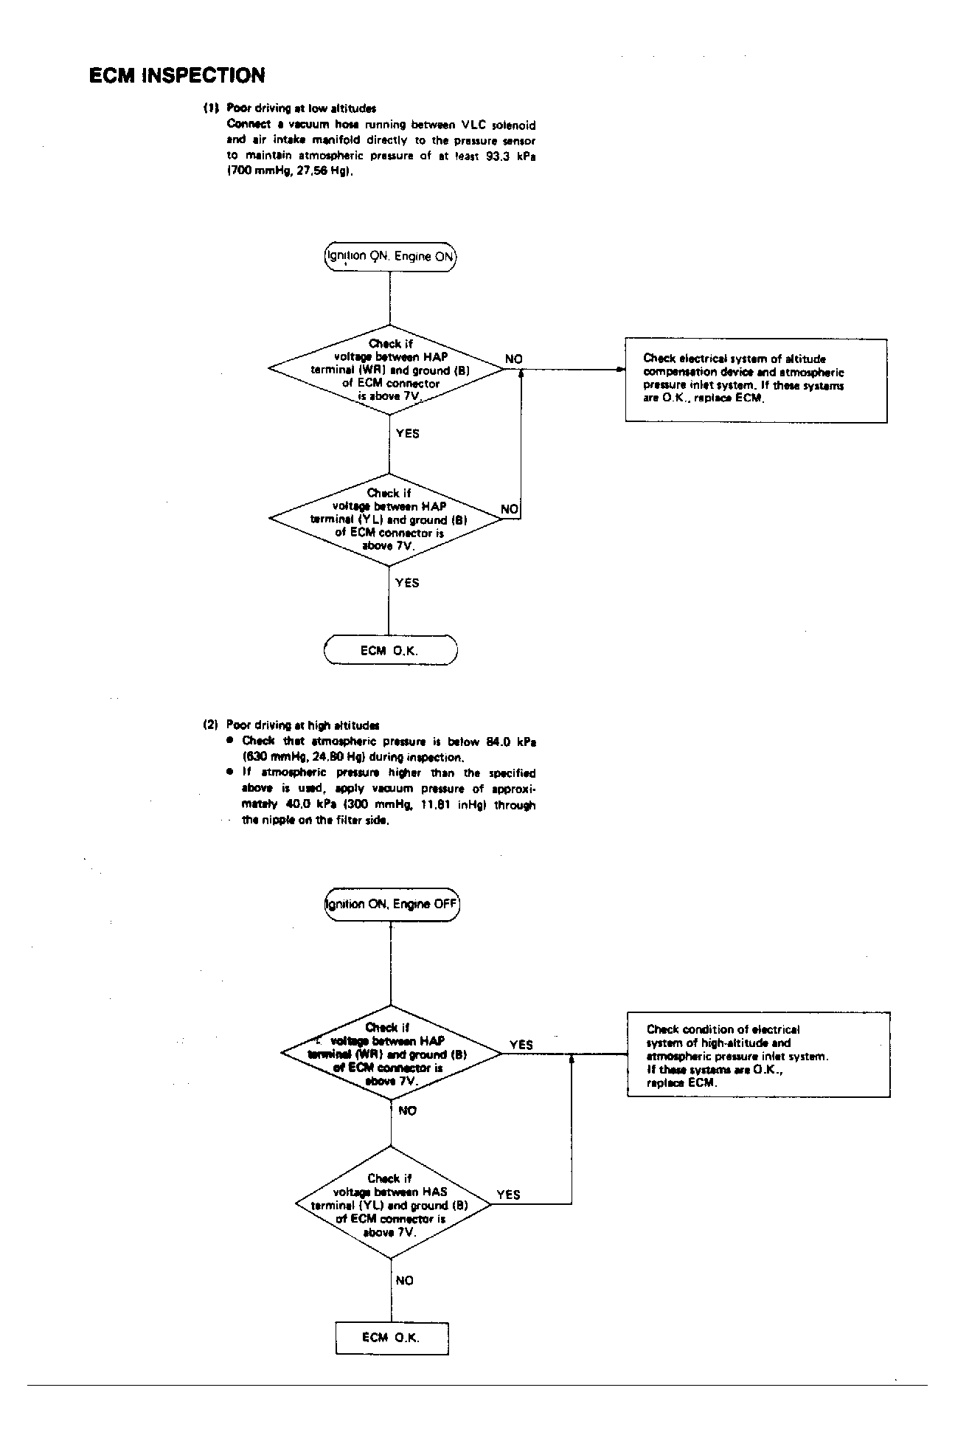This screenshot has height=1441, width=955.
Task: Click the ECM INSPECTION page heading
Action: pyautogui.click(x=177, y=75)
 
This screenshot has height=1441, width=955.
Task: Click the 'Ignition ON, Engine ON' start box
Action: pyautogui.click(x=390, y=257)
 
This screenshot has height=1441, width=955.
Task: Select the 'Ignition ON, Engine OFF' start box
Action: pyautogui.click(x=392, y=905)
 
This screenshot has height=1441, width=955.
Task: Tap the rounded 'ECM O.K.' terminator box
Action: pyautogui.click(x=390, y=651)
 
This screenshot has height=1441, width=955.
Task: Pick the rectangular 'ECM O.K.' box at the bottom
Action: pyautogui.click(x=392, y=1338)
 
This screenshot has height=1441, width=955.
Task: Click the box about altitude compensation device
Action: pyautogui.click(x=756, y=380)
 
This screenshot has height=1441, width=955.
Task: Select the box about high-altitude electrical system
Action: pyautogui.click(x=758, y=1055)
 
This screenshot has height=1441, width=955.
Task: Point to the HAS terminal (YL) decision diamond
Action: pyautogui.click(x=391, y=1205)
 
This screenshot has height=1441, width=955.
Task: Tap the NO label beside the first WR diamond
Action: pyautogui.click(x=513, y=359)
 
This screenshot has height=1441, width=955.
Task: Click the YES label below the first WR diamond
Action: pyautogui.click(x=407, y=434)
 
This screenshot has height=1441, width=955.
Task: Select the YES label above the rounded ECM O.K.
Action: pyautogui.click(x=406, y=583)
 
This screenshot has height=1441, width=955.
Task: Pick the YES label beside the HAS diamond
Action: pyautogui.click(x=508, y=1195)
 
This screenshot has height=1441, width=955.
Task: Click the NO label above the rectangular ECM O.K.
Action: pyautogui.click(x=404, y=1281)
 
